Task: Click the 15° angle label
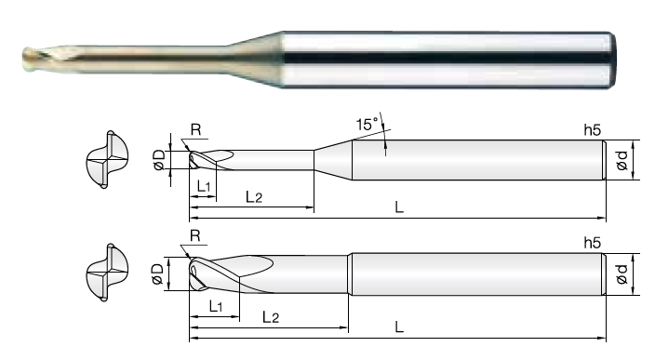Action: tap(367, 124)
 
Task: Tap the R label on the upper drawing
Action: tap(195, 130)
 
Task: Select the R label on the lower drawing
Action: tap(195, 236)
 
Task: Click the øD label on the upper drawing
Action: tap(159, 160)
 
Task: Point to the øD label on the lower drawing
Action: tap(157, 274)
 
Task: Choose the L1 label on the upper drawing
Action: tap(204, 186)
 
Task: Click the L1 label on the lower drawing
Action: tap(216, 307)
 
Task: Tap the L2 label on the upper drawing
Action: tap(254, 196)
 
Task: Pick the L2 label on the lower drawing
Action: tap(270, 317)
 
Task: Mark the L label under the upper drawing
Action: tap(399, 207)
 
